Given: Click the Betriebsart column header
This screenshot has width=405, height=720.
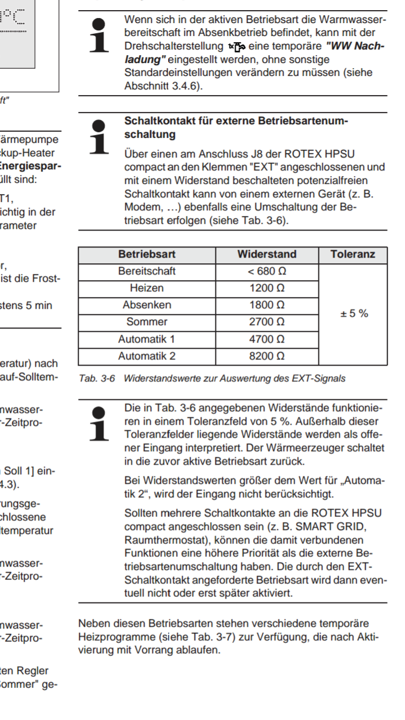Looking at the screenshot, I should point(147,254).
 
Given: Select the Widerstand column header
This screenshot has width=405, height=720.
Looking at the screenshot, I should point(267,254).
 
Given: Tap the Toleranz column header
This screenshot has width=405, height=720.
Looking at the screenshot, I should point(353,254).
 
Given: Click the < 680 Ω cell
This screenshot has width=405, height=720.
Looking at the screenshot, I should point(267,271).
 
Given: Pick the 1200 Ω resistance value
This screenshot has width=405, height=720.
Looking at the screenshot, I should point(267,288).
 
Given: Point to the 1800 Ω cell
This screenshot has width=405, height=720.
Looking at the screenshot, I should point(267,305).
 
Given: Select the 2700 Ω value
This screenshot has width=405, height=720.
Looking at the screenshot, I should point(267,322).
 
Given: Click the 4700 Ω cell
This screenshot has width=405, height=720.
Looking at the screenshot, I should point(267,339).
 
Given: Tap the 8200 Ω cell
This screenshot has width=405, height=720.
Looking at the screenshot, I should point(267,356).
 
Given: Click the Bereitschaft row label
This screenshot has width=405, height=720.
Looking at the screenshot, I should point(147,271).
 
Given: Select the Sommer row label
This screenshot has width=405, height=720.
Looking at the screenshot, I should point(147,322).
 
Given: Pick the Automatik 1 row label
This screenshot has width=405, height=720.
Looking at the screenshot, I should point(147,339).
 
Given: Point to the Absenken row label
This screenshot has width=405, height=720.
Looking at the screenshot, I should point(147,305).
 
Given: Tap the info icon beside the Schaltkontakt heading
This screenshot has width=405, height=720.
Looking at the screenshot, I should point(98,136).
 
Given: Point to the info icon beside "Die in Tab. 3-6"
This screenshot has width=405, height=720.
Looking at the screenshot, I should point(98,422).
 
